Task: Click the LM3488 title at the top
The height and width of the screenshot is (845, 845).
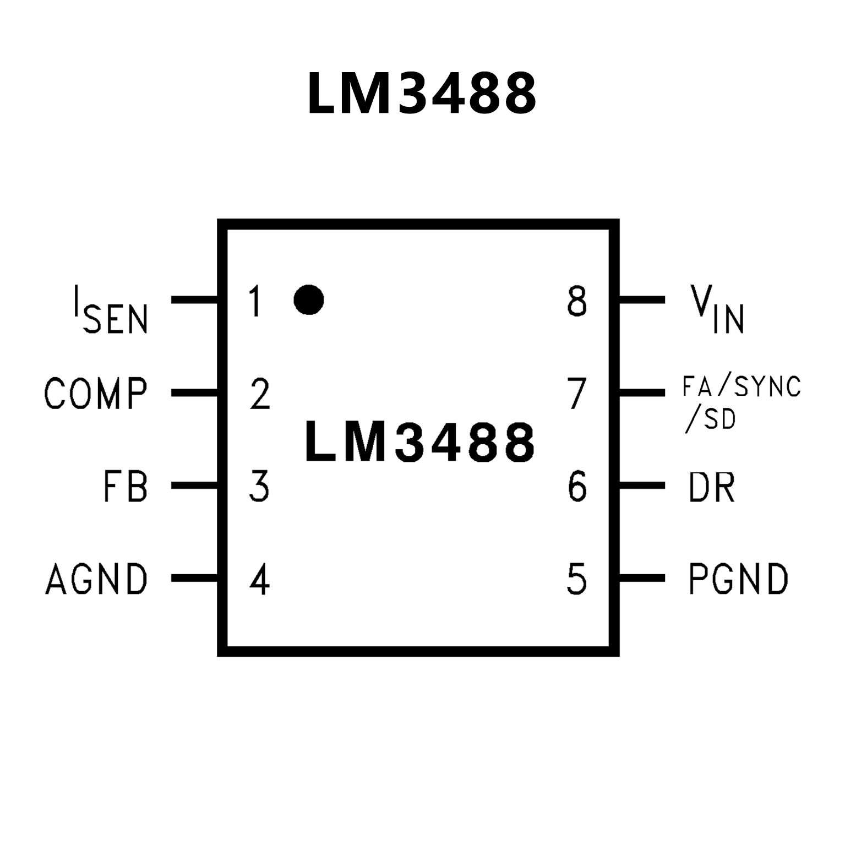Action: point(421,94)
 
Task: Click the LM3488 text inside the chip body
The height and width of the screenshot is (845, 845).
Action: point(419,441)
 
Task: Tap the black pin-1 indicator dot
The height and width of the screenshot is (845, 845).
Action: point(308,300)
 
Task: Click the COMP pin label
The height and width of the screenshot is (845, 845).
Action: point(96,393)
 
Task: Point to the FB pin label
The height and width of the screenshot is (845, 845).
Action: point(126,486)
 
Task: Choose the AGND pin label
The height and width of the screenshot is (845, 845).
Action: point(96,579)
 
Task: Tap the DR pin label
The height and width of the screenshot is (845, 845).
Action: point(711,486)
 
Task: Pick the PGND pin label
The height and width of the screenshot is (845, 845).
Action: point(738,579)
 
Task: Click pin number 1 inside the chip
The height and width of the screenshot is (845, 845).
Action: point(254,301)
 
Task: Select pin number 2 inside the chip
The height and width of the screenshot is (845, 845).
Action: point(260,394)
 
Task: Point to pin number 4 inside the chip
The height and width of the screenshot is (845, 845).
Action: point(259,579)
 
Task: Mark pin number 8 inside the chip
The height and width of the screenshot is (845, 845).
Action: point(577,301)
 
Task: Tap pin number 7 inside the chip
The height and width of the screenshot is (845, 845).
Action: point(577,394)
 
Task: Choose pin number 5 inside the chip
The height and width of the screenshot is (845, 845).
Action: point(577,579)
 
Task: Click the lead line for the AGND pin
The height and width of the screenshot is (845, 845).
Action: point(194,578)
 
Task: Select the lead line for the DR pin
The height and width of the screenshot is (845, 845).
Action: point(642,486)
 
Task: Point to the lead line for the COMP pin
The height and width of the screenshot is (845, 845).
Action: point(194,392)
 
